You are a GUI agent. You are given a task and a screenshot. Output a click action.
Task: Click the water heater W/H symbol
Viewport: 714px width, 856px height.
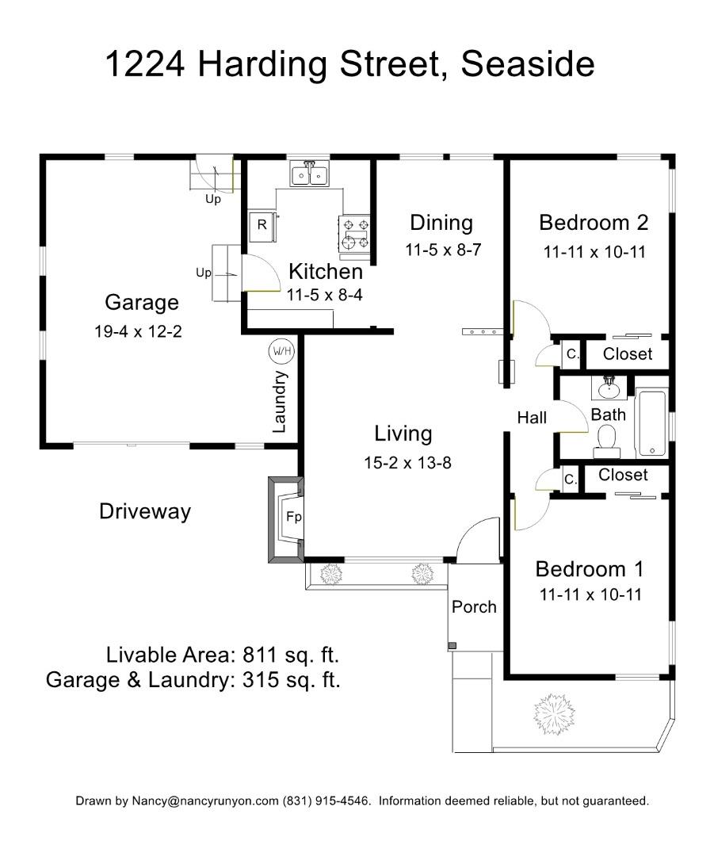pyautogui.click(x=280, y=351)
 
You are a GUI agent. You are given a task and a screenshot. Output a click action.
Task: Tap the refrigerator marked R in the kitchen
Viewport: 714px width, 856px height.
pyautogui.click(x=262, y=225)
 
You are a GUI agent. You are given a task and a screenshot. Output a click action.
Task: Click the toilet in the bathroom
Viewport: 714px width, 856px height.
pyautogui.click(x=606, y=441)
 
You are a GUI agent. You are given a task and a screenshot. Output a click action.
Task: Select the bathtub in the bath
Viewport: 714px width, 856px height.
pyautogui.click(x=652, y=422)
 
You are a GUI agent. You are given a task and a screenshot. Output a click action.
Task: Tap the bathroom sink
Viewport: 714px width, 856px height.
pyautogui.click(x=608, y=388)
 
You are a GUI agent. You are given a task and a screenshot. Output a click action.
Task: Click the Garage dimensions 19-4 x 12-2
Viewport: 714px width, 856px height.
pyautogui.click(x=138, y=332)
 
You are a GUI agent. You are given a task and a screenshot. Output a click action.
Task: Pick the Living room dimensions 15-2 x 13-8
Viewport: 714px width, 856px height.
pyautogui.click(x=407, y=463)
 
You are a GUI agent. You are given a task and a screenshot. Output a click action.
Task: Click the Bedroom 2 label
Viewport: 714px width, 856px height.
pyautogui.click(x=594, y=222)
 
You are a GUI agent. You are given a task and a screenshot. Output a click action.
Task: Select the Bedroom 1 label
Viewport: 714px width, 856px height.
pyautogui.click(x=589, y=569)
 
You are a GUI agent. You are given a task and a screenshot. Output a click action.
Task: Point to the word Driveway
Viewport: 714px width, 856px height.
pyautogui.click(x=145, y=511)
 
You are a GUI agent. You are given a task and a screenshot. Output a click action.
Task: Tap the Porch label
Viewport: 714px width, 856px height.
pyautogui.click(x=474, y=607)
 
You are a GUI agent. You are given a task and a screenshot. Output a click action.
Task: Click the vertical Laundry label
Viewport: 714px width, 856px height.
pyautogui.click(x=279, y=402)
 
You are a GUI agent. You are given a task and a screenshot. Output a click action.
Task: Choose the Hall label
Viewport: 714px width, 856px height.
pyautogui.click(x=532, y=418)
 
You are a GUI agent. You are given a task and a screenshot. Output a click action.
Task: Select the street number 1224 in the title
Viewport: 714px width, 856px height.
pyautogui.click(x=146, y=65)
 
